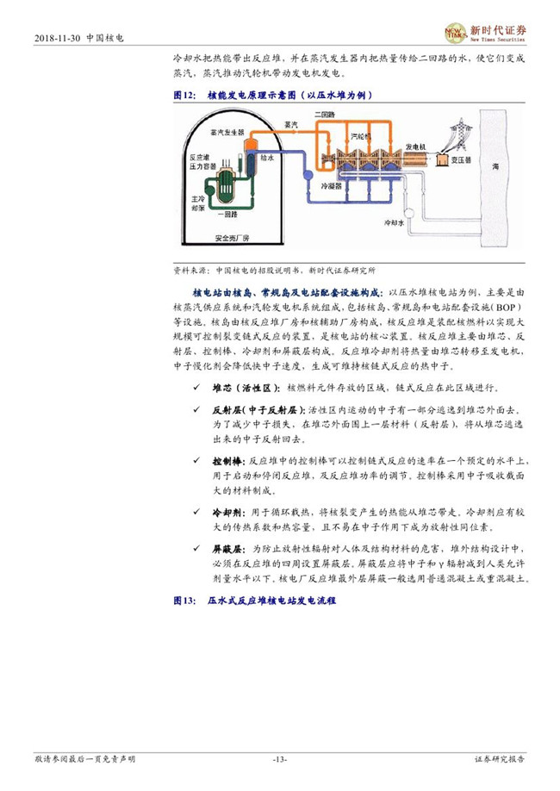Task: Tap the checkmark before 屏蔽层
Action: tap(197, 548)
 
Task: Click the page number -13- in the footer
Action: tap(279, 758)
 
